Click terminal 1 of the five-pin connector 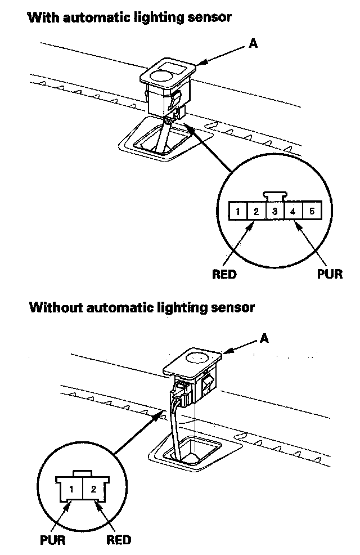[238, 212]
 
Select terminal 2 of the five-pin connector [256, 212]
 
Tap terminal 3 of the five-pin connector [274, 212]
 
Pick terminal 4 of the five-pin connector [293, 212]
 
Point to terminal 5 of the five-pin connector [312, 212]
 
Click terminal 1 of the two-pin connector [71, 488]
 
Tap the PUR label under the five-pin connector [329, 275]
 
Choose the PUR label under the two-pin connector [52, 540]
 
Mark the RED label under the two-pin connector [119, 540]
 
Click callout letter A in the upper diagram [254, 43]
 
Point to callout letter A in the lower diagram [264, 338]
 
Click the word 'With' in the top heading [41, 17]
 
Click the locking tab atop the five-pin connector [275, 195]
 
